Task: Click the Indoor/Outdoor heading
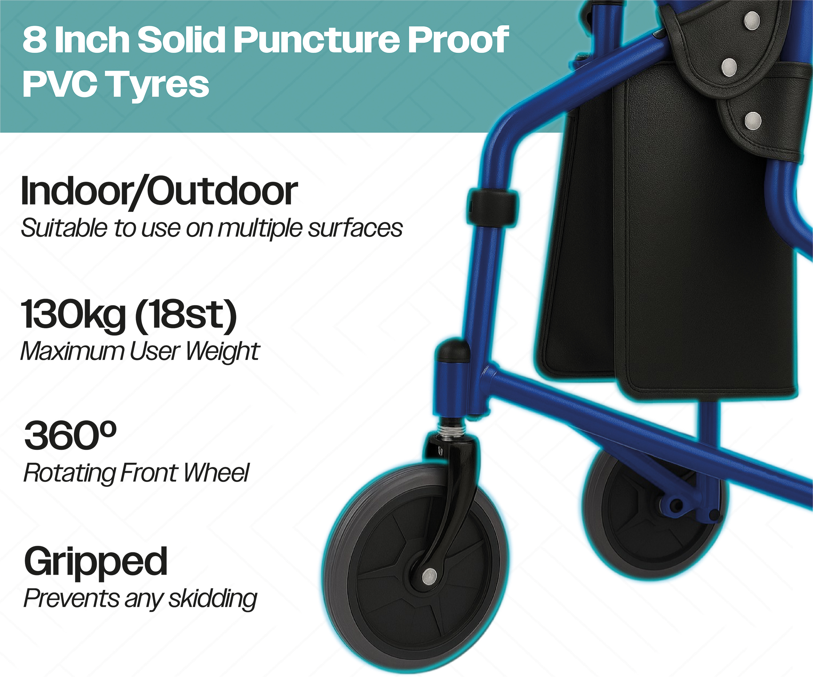(159, 191)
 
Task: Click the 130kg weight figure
(74, 314)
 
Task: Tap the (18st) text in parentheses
(186, 315)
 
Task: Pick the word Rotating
(69, 473)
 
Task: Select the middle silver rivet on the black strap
(729, 67)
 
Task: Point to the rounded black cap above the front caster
(452, 350)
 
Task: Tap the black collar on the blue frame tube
(492, 207)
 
